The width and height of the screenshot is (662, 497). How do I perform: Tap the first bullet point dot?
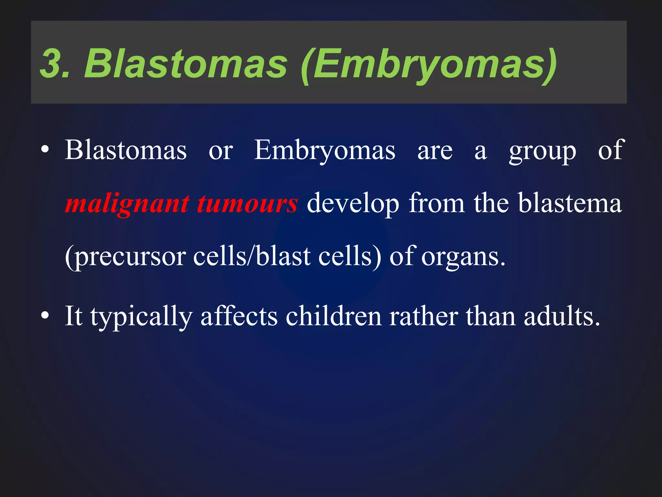tap(45, 149)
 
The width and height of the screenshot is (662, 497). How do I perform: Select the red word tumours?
tap(247, 204)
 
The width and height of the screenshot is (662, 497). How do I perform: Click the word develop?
tap(353, 204)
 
